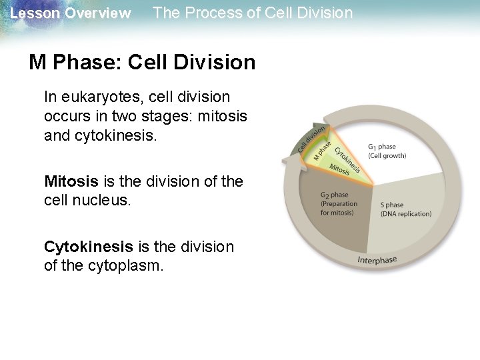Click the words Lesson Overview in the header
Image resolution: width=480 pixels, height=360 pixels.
(71, 13)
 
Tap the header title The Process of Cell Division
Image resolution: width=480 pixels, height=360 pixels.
(253, 13)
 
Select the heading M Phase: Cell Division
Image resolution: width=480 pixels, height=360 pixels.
(142, 63)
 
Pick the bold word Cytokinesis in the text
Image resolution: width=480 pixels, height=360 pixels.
(89, 247)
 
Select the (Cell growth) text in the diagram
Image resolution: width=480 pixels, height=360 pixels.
(387, 156)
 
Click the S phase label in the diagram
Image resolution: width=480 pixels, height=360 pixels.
(391, 205)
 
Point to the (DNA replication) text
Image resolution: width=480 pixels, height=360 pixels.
(405, 214)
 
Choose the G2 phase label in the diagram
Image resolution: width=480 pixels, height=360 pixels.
(334, 195)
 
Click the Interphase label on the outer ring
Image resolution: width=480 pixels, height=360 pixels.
(377, 259)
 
